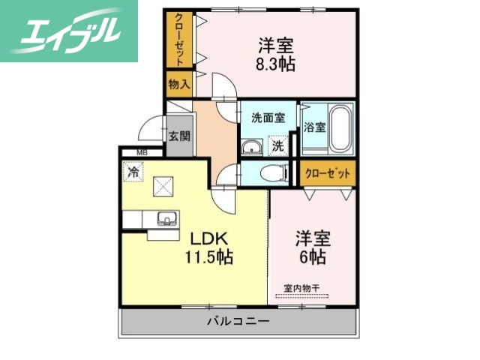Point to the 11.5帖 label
209,257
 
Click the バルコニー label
238,321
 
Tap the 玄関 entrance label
179,136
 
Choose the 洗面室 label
267,117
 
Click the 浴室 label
315,127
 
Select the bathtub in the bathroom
340,127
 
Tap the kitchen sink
166,219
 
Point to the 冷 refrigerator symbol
133,172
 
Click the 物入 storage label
178,85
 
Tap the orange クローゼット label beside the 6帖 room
328,173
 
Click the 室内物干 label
301,287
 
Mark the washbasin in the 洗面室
253,145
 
